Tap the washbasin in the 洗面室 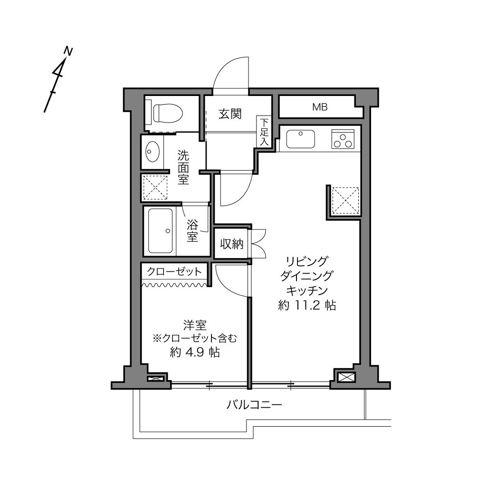153,152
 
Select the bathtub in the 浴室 160,231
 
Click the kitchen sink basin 300,139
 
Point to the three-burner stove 343,139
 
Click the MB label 320,107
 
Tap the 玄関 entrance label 230,114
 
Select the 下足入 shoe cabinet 264,132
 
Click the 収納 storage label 232,244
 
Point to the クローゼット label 174,271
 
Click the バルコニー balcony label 254,405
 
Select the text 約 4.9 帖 195,352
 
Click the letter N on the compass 68,51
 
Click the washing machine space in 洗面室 155,187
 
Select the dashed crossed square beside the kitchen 345,201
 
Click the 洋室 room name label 195,325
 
